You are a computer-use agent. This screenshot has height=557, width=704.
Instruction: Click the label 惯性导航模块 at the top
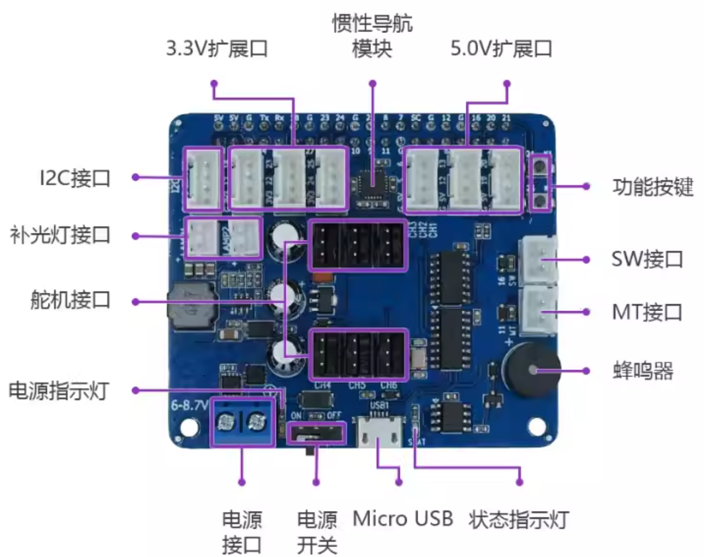pos(372,36)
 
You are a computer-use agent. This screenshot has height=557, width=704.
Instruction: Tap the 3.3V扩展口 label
pos(217,49)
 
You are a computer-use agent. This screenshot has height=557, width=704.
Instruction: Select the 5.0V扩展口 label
pos(501,49)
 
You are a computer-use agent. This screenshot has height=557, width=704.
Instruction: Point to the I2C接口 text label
pos(75,178)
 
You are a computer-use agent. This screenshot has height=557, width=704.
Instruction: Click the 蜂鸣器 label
pos(643,371)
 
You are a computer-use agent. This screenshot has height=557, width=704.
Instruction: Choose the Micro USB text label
pos(403,518)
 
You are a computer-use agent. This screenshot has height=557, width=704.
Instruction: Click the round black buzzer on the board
pos(532,370)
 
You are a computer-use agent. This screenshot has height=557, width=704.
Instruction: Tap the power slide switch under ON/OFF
pos(316,434)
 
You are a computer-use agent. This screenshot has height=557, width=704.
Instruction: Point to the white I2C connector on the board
pos(203,178)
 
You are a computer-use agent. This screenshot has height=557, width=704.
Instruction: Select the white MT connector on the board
pos(539,311)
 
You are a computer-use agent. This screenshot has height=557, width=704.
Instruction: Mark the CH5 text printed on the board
pos(357,386)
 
